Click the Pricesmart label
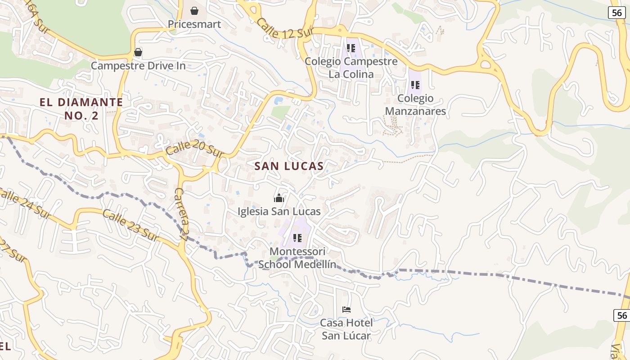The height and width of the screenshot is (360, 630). click(x=194, y=24)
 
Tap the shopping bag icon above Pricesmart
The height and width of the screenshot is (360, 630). click(x=194, y=10)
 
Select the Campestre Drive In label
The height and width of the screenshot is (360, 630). click(x=138, y=66)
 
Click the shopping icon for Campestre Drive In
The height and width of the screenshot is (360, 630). click(x=138, y=53)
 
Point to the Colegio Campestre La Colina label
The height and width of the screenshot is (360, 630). click(x=351, y=67)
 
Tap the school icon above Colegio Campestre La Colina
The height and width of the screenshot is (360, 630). click(x=351, y=48)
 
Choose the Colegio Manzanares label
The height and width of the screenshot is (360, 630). click(x=415, y=105)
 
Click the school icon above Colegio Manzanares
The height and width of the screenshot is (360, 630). click(x=415, y=85)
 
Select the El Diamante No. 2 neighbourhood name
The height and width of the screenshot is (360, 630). click(x=81, y=109)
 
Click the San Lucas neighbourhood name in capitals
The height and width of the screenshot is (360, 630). click(x=289, y=166)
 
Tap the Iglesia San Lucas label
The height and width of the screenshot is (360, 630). click(x=279, y=211)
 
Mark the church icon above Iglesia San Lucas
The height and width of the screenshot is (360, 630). click(x=279, y=198)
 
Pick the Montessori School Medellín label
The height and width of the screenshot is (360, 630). click(x=297, y=257)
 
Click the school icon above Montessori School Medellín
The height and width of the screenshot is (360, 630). click(x=297, y=238)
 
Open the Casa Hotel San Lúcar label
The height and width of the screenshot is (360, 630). click(x=346, y=329)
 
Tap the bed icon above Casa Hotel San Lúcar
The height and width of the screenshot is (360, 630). click(x=346, y=310)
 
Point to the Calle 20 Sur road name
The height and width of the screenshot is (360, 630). click(x=195, y=148)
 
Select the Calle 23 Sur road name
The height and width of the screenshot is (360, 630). click(x=131, y=225)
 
